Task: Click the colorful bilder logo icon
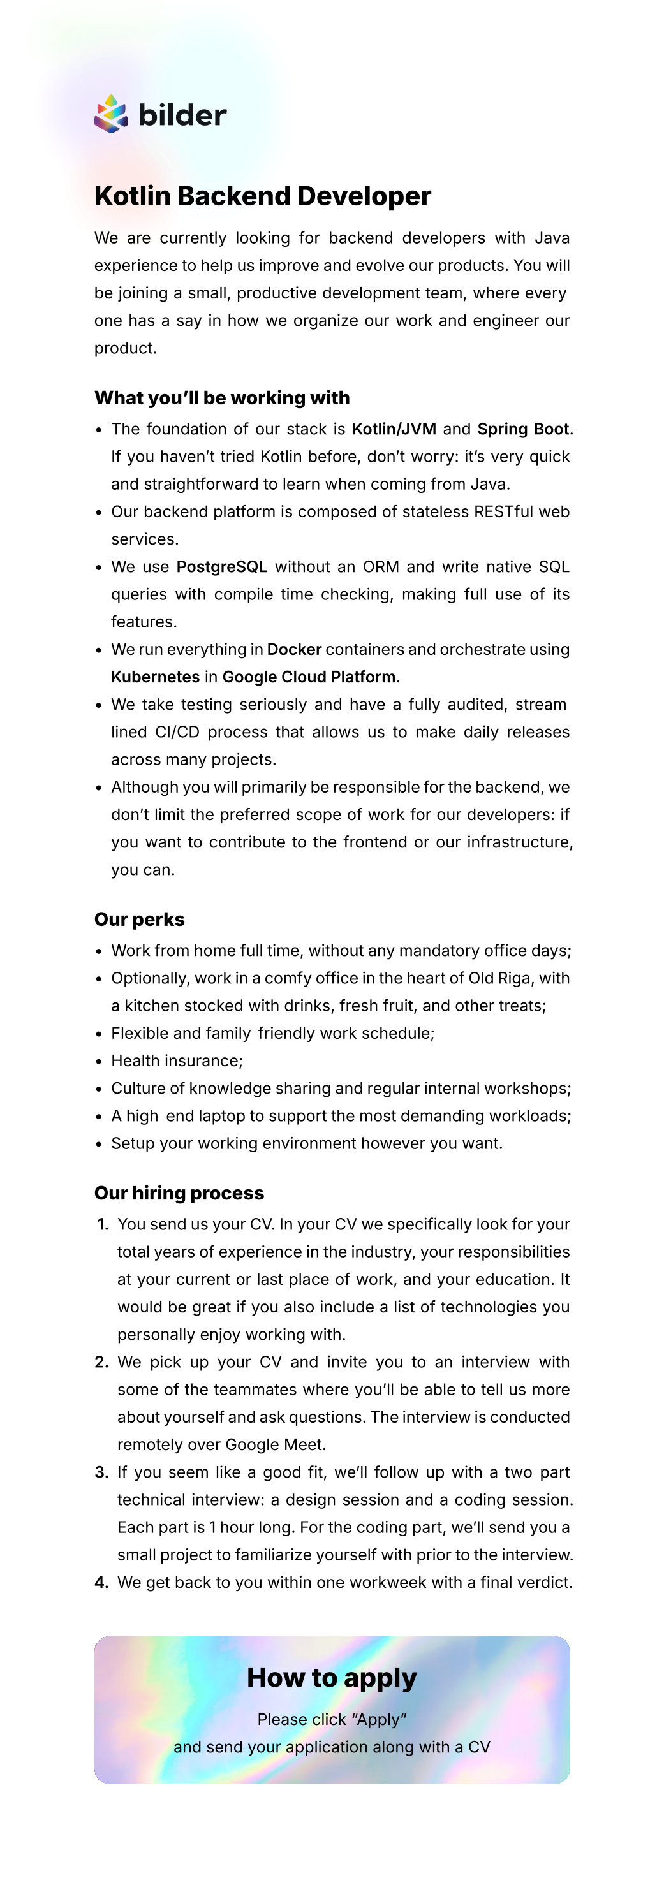point(111,114)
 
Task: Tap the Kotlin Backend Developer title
point(262,196)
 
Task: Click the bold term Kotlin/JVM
point(394,429)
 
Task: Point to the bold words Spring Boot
point(522,429)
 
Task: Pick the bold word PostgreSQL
point(221,567)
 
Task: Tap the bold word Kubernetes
point(154,677)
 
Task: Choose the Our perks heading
point(139,920)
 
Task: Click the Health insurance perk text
point(177,1060)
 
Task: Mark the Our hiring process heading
point(179,1192)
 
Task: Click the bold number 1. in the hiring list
point(103,1225)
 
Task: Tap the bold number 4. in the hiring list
point(102,1583)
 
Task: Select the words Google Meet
point(275,1445)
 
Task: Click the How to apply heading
point(332,1678)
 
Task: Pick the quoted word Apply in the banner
point(378,1720)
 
